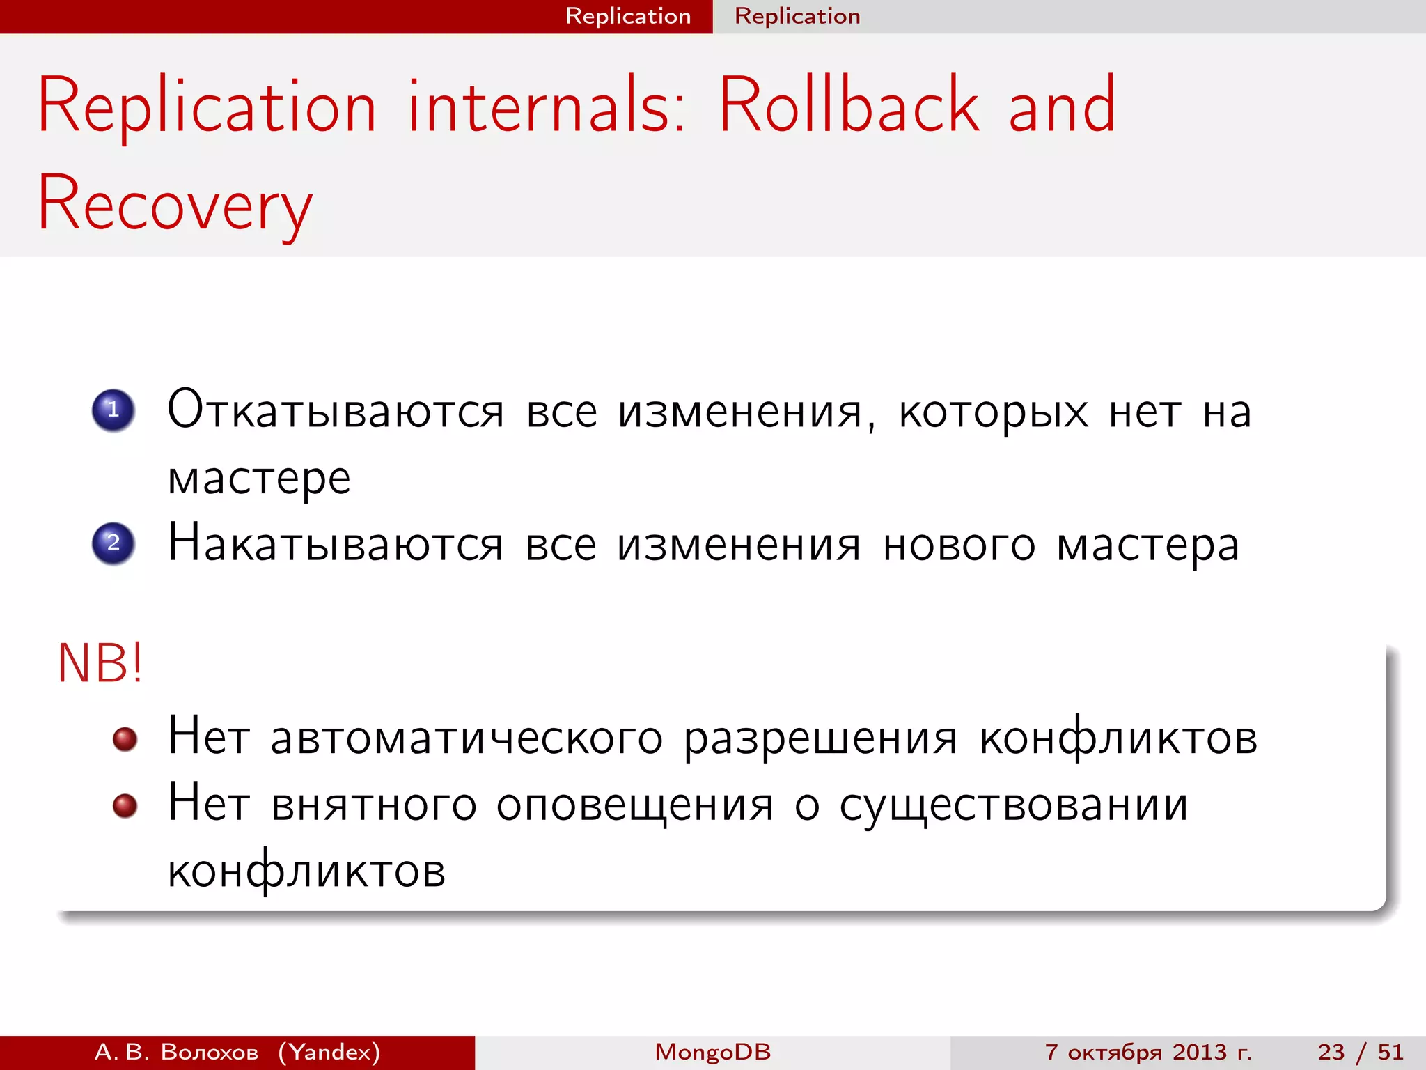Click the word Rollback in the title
tap(848, 106)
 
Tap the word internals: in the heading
tap(547, 106)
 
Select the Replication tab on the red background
tap(627, 16)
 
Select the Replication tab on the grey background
tap(797, 16)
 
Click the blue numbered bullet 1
tap(113, 410)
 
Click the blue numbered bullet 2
tap(113, 543)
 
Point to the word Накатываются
tap(335, 544)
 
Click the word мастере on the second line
tap(259, 479)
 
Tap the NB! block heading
tap(100, 663)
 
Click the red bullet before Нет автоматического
tap(125, 739)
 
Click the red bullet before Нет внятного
tap(125, 806)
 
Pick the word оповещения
tap(634, 805)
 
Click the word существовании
tap(1013, 805)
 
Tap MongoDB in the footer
tap(712, 1052)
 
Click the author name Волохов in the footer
tap(209, 1052)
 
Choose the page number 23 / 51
tap(1360, 1052)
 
